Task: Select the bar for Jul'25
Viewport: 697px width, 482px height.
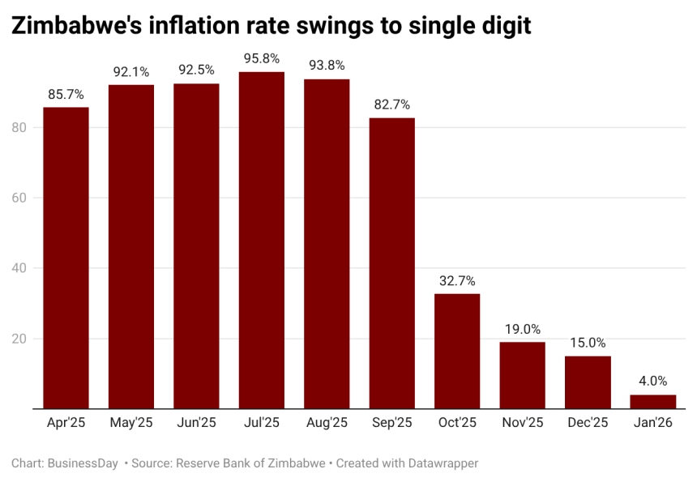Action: [261, 240]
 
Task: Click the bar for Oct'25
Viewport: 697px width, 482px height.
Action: [457, 351]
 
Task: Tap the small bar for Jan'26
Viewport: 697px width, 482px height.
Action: [652, 401]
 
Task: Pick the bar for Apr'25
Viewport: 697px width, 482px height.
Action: [66, 258]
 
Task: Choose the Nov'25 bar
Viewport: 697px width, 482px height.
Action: [522, 375]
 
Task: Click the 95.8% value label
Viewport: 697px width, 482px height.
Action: [261, 58]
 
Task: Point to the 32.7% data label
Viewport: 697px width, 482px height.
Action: [457, 280]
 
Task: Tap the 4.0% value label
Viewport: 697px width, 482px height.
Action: [652, 381]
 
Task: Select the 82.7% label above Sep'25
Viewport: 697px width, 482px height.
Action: [391, 105]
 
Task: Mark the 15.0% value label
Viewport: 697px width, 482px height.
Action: [588, 343]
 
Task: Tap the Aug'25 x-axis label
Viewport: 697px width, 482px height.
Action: [327, 423]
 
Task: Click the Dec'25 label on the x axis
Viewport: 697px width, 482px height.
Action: [588, 423]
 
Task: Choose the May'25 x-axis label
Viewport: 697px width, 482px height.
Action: [131, 423]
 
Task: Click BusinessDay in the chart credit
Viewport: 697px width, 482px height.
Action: [83, 463]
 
